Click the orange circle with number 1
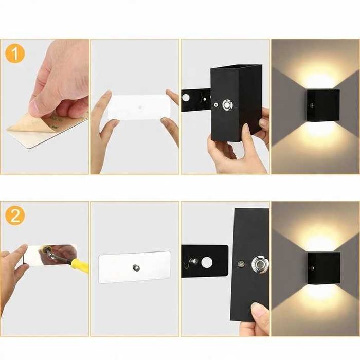pyautogui.click(x=15, y=53)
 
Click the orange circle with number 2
pyautogui.click(x=15, y=215)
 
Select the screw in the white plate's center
pyautogui.click(x=136, y=267)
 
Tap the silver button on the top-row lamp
pyautogui.click(x=227, y=105)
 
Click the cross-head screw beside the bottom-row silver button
pyautogui.click(x=241, y=265)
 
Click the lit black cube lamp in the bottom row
pyautogui.click(x=323, y=267)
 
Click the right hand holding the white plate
pyautogui.click(x=171, y=118)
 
